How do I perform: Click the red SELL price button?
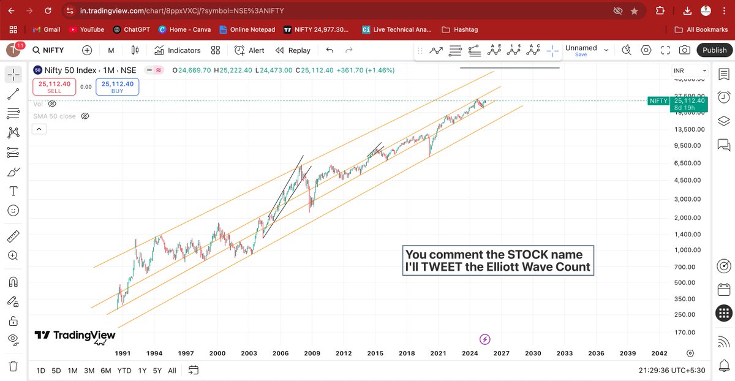click(54, 87)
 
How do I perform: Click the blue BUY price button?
click(117, 87)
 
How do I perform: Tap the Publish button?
click(714, 50)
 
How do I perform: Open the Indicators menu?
click(177, 50)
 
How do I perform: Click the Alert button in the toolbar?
click(249, 50)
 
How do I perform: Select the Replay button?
click(293, 50)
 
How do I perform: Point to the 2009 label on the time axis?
click(312, 353)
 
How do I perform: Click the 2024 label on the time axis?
click(470, 353)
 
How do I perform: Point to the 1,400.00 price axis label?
click(689, 235)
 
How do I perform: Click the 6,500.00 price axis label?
click(689, 163)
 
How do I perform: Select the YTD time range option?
click(124, 371)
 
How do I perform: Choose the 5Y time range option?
click(157, 371)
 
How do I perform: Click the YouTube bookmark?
click(86, 29)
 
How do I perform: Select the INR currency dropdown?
click(689, 71)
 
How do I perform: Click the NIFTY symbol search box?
click(56, 50)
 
